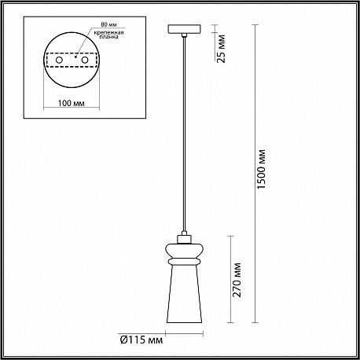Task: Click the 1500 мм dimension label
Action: pyautogui.click(x=262, y=169)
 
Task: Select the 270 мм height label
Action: pyautogui.click(x=237, y=280)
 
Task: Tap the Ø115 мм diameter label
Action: pyautogui.click(x=141, y=340)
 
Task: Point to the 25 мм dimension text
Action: pyautogui.click(x=222, y=49)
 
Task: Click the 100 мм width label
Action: pyautogui.click(x=72, y=103)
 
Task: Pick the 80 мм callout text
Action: pyautogui.click(x=109, y=24)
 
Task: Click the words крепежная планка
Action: pyautogui.click(x=109, y=35)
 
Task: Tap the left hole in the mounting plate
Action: pyautogui.click(x=59, y=61)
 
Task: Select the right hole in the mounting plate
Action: pyautogui.click(x=85, y=61)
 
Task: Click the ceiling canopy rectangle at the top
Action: pyautogui.click(x=185, y=29)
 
